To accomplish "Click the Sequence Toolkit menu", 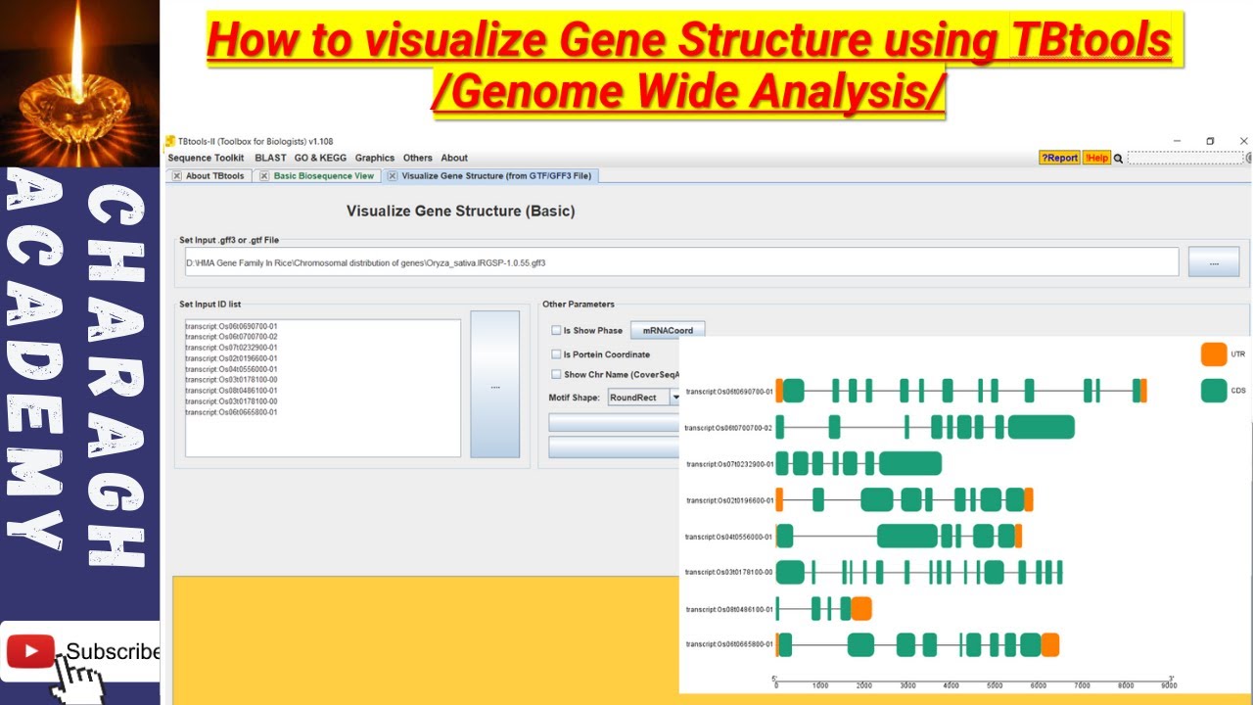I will [x=206, y=158].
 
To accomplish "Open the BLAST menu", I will [x=270, y=158].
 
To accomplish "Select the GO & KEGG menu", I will [x=320, y=158].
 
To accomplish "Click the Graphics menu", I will [x=375, y=158].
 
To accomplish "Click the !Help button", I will [x=1096, y=158].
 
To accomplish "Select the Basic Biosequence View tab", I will [x=323, y=176].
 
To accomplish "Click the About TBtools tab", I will [x=214, y=176].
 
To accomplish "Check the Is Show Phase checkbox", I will [x=556, y=331].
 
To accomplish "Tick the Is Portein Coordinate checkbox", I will [x=556, y=354].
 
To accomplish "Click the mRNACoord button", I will [x=667, y=331].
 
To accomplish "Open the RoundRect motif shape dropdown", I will [x=674, y=398].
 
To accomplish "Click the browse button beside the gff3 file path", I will [x=1214, y=262].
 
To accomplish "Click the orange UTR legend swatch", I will [x=1214, y=353].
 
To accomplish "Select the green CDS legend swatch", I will [x=1214, y=391].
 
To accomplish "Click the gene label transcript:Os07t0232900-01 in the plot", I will [x=730, y=464].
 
